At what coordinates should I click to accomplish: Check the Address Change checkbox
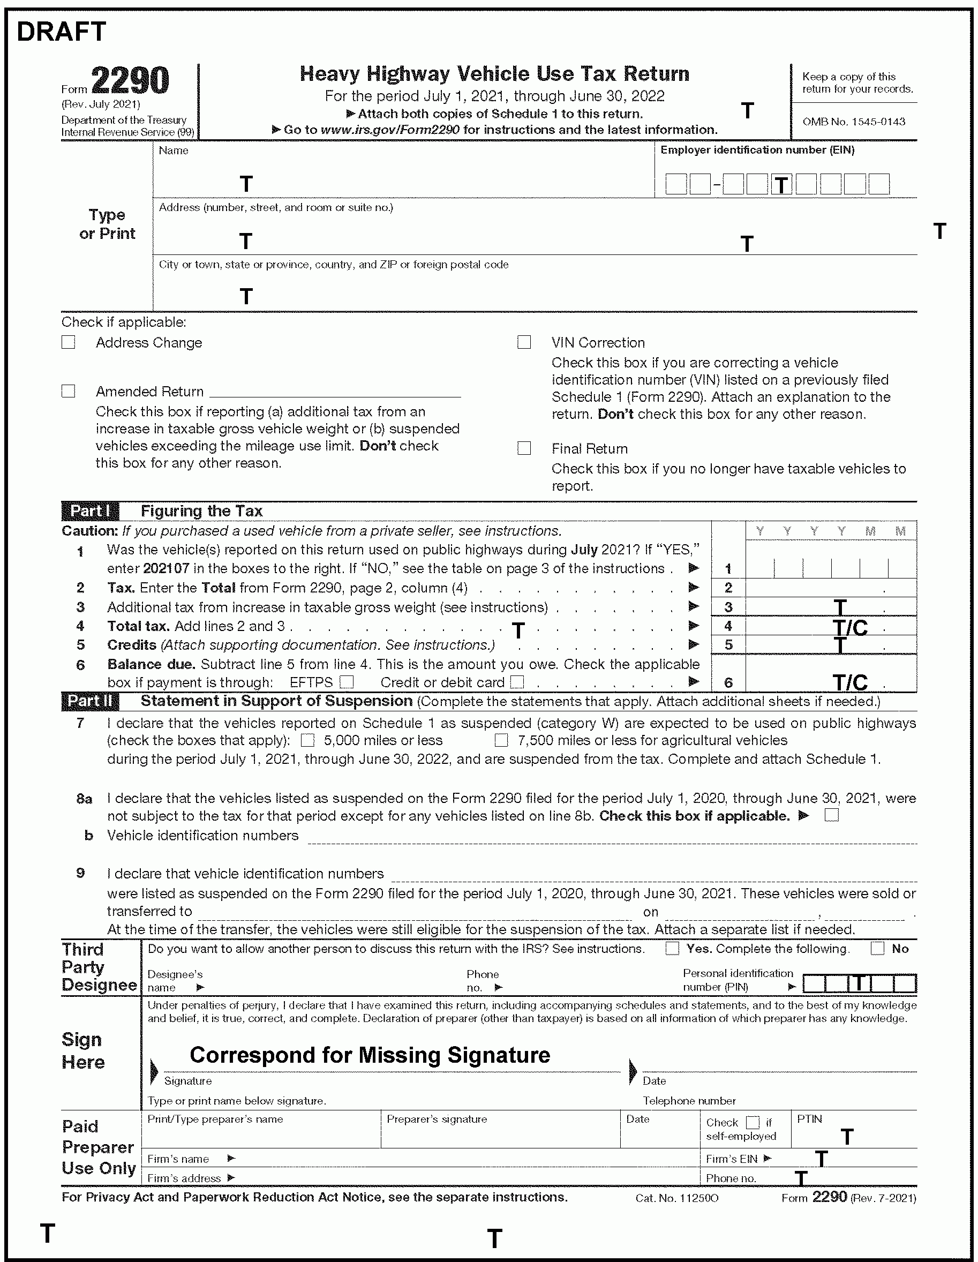68,342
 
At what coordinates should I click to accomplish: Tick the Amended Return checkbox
68,391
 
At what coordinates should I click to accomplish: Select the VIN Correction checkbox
524,342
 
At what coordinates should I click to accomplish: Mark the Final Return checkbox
524,448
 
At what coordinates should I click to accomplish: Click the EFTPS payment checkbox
347,682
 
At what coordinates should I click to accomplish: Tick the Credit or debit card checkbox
517,682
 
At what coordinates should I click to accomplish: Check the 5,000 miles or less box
308,740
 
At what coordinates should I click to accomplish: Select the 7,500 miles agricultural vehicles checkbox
501,740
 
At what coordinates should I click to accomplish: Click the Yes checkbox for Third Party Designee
672,949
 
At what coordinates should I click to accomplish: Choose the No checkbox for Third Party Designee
877,949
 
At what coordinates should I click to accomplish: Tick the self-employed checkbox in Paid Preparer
753,1122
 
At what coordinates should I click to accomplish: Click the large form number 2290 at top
130,81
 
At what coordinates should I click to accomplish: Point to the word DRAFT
61,32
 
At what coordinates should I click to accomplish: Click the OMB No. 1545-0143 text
853,122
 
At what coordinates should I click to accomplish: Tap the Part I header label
90,512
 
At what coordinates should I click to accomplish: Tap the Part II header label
90,702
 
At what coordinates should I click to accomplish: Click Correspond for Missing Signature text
370,1055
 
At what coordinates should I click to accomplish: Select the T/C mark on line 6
850,682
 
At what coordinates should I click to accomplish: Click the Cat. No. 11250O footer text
676,1198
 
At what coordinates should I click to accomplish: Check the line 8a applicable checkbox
832,815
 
